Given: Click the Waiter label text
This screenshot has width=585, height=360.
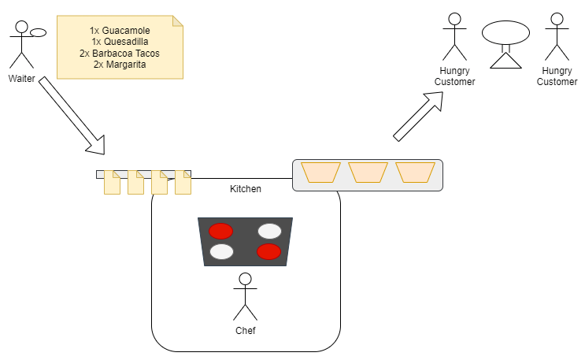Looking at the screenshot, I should click(x=21, y=79).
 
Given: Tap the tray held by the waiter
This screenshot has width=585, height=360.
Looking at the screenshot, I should click(x=39, y=32).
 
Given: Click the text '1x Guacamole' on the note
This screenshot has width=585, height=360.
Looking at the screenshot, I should click(x=120, y=30).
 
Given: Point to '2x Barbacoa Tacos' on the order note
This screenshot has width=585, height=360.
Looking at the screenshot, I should click(x=120, y=53).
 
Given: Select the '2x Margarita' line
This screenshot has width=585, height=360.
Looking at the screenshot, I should click(x=120, y=64).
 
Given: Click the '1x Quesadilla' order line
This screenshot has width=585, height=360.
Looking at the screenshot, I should click(x=120, y=42).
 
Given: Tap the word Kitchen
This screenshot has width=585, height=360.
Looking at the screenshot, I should click(x=246, y=189).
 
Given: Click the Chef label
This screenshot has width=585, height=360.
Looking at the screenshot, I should click(x=246, y=331).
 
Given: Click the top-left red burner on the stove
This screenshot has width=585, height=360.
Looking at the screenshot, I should click(x=220, y=231).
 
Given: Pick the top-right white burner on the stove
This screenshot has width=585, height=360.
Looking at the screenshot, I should click(x=269, y=231).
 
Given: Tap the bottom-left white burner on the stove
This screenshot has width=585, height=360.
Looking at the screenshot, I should click(x=221, y=252).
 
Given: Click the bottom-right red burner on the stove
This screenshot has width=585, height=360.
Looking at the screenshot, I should click(x=269, y=252).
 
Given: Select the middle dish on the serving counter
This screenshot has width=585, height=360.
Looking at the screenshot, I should click(x=368, y=173).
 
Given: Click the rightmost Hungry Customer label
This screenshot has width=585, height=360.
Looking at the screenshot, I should click(x=557, y=76).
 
